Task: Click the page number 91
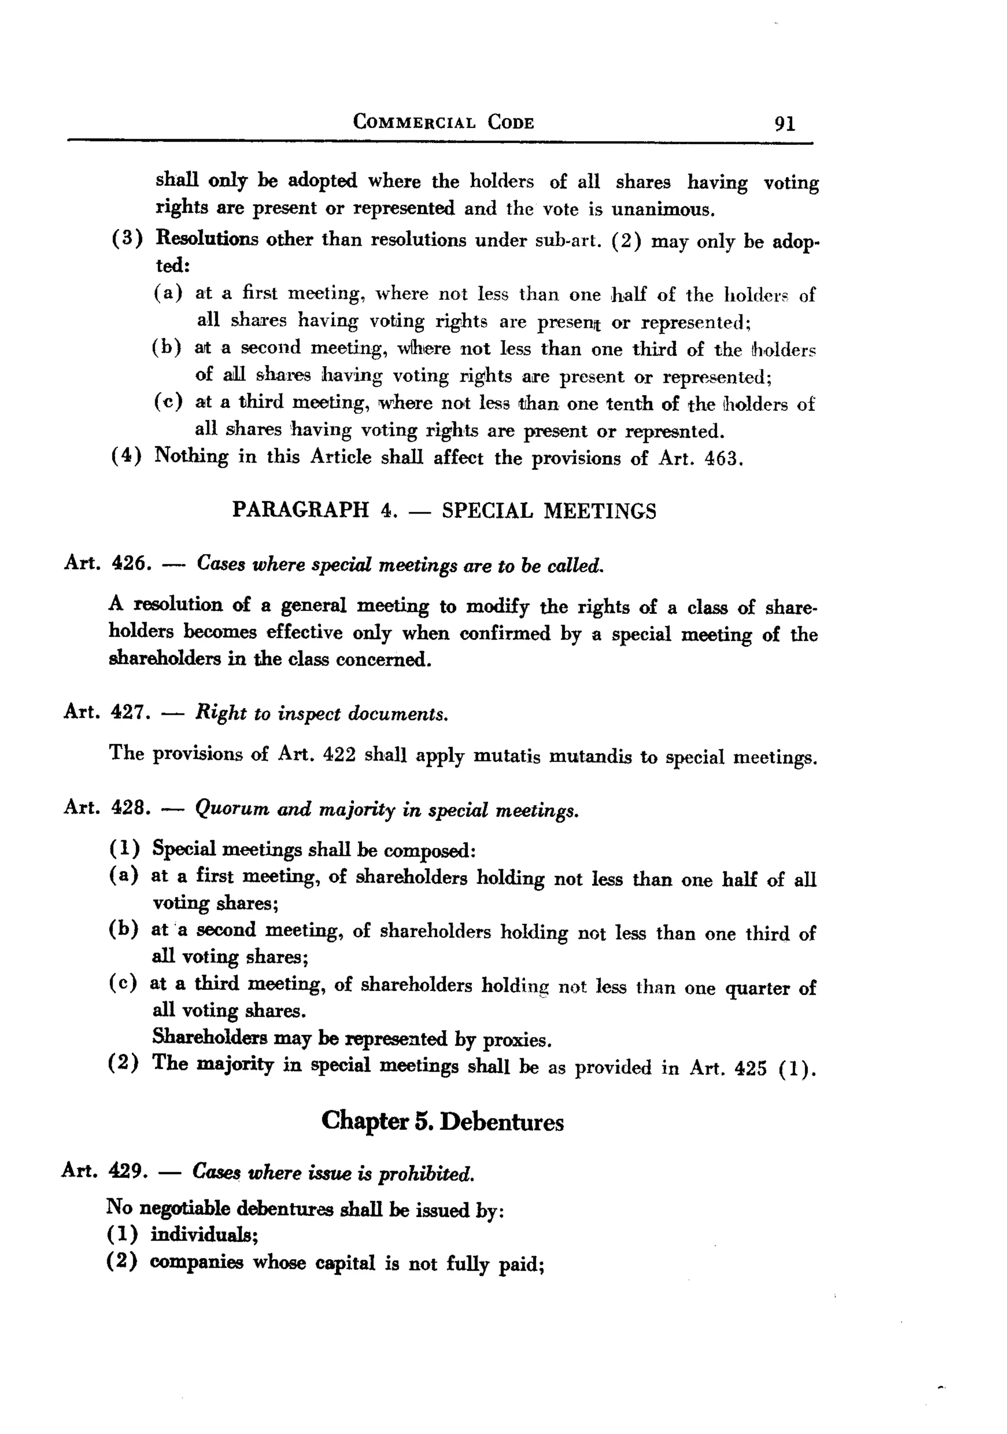[785, 123]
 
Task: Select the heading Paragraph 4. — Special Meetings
[444, 511]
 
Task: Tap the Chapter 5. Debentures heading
[442, 1121]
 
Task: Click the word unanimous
[662, 209]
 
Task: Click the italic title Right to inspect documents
[322, 713]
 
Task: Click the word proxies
[518, 1040]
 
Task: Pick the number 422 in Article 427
[340, 755]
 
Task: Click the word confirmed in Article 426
[505, 633]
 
